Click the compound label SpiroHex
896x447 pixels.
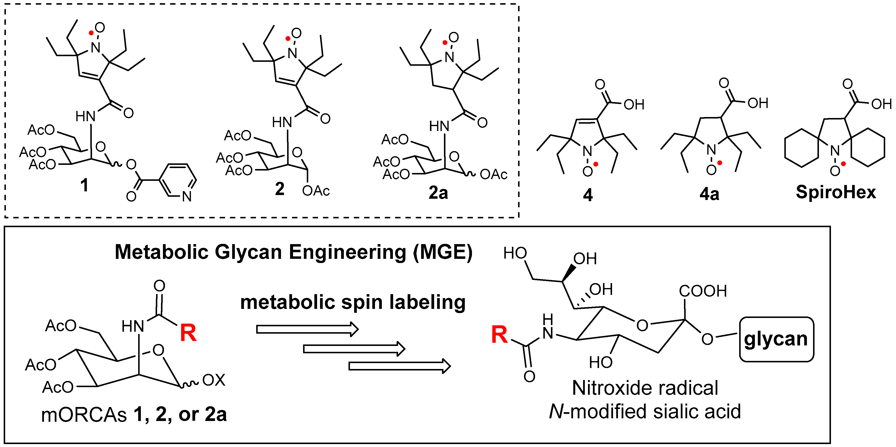click(x=835, y=192)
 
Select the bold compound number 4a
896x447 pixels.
click(x=709, y=194)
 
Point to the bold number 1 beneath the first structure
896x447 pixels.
click(x=84, y=185)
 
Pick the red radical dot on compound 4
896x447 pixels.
click(x=595, y=164)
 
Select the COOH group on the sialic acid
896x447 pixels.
click(x=703, y=291)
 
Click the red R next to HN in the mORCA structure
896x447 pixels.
click(x=188, y=333)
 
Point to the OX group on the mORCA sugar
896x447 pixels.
click(x=214, y=380)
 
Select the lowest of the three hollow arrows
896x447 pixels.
click(x=399, y=366)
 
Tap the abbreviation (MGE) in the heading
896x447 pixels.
click(x=442, y=252)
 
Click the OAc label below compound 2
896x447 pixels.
click(x=316, y=191)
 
